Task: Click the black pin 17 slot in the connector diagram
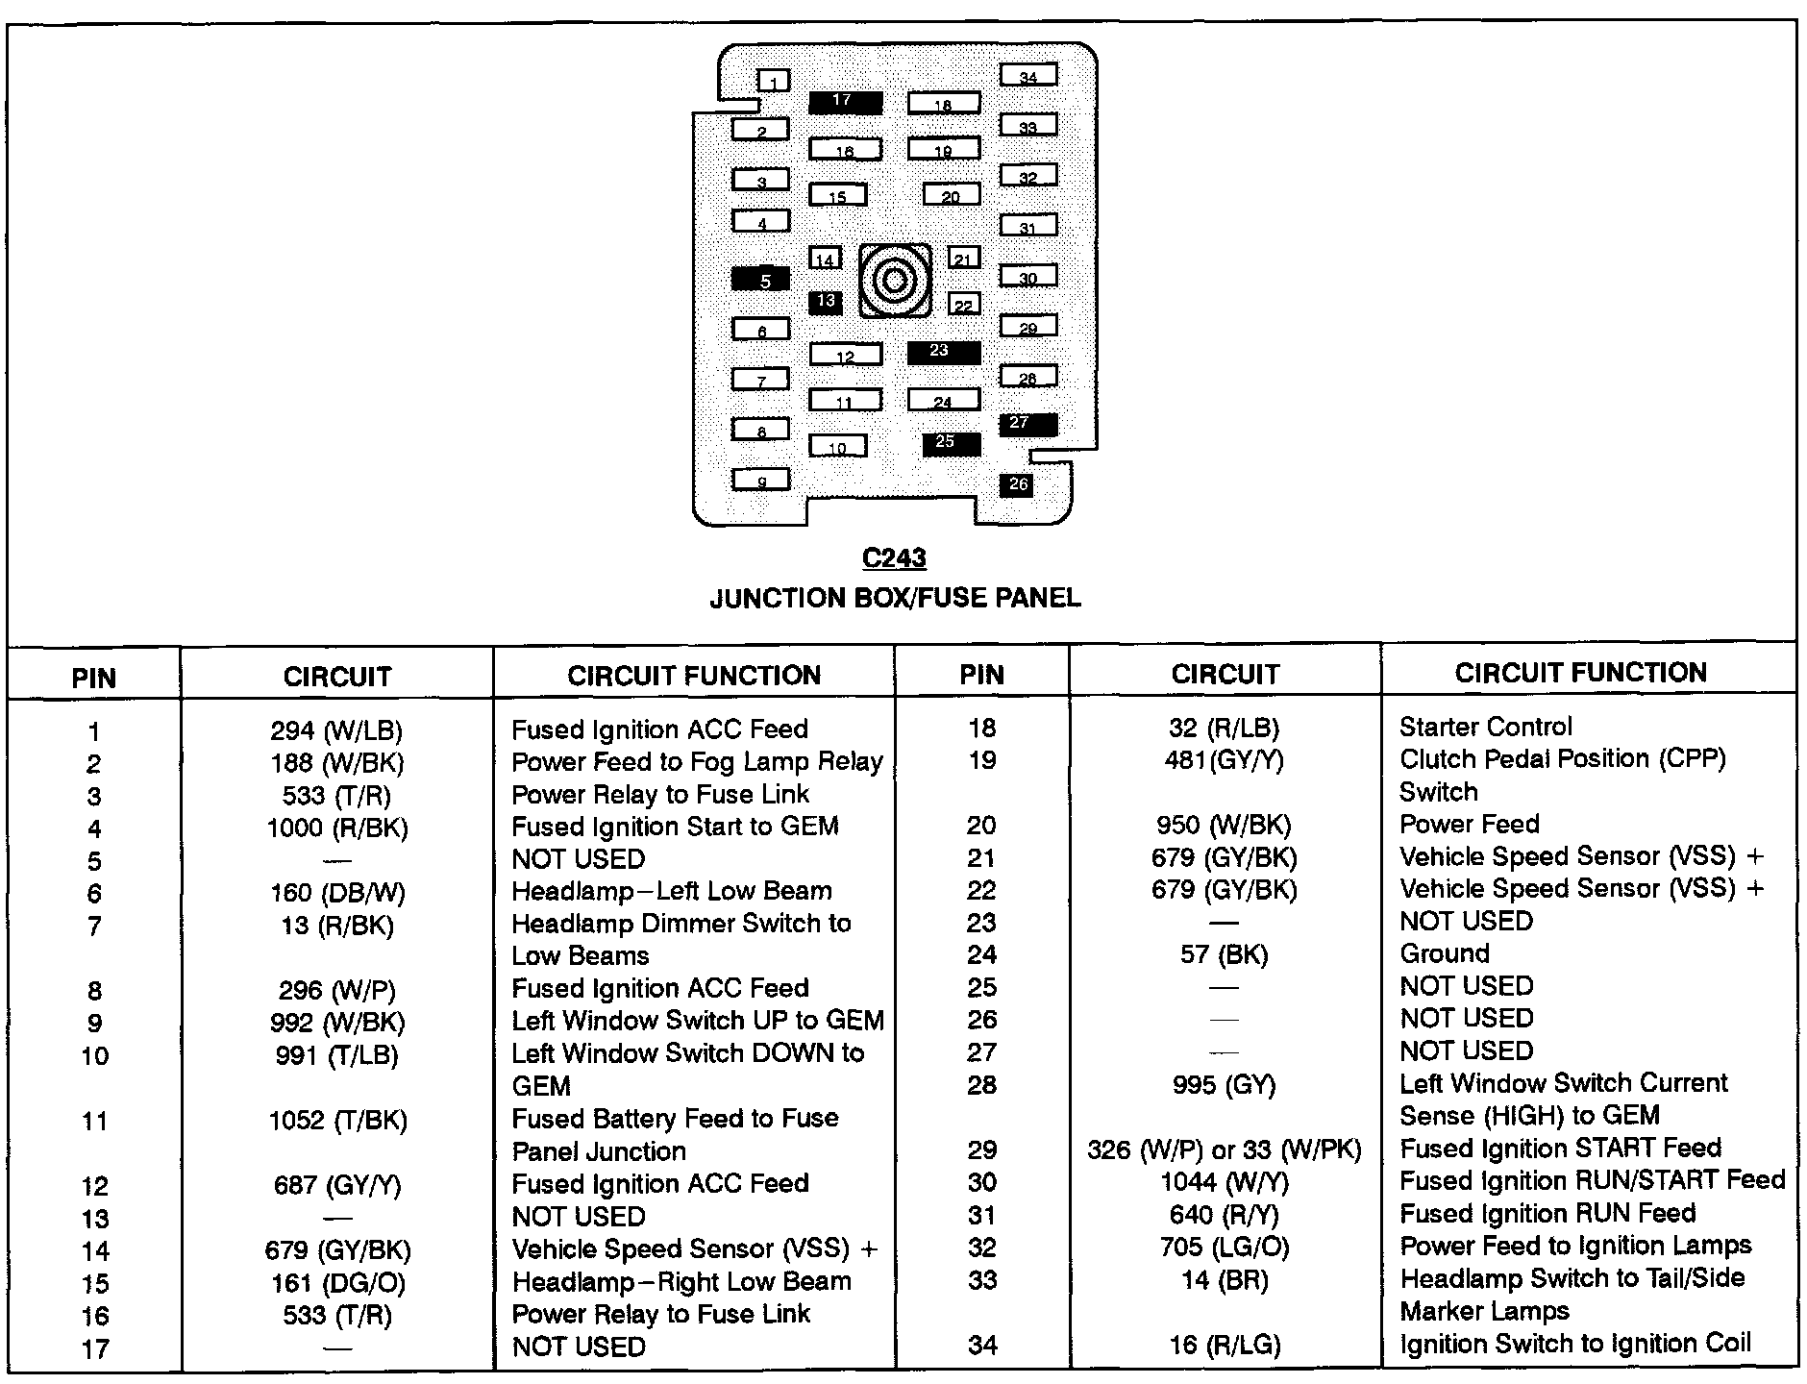pos(845,102)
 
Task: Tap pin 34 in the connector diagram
pos(1028,76)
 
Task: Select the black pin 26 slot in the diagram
pos(1017,485)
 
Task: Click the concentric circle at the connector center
pos(895,281)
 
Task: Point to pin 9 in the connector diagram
pos(760,480)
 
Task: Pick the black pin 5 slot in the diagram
pos(760,280)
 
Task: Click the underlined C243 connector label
pos(894,558)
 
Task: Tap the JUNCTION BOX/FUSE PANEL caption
pos(895,598)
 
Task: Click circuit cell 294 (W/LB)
pos(336,730)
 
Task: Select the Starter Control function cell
pos(1486,727)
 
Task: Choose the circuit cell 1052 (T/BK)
pos(337,1120)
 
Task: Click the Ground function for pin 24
pos(1445,953)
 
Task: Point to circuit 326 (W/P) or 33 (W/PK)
pos(1225,1150)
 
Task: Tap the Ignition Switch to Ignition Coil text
pos(1575,1344)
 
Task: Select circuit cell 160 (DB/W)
pos(337,893)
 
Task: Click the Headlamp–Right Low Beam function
pos(681,1282)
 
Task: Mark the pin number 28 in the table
pos(981,1085)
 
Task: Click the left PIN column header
pos(94,678)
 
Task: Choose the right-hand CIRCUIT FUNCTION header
pos(1580,673)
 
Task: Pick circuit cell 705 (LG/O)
pos(1225,1248)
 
